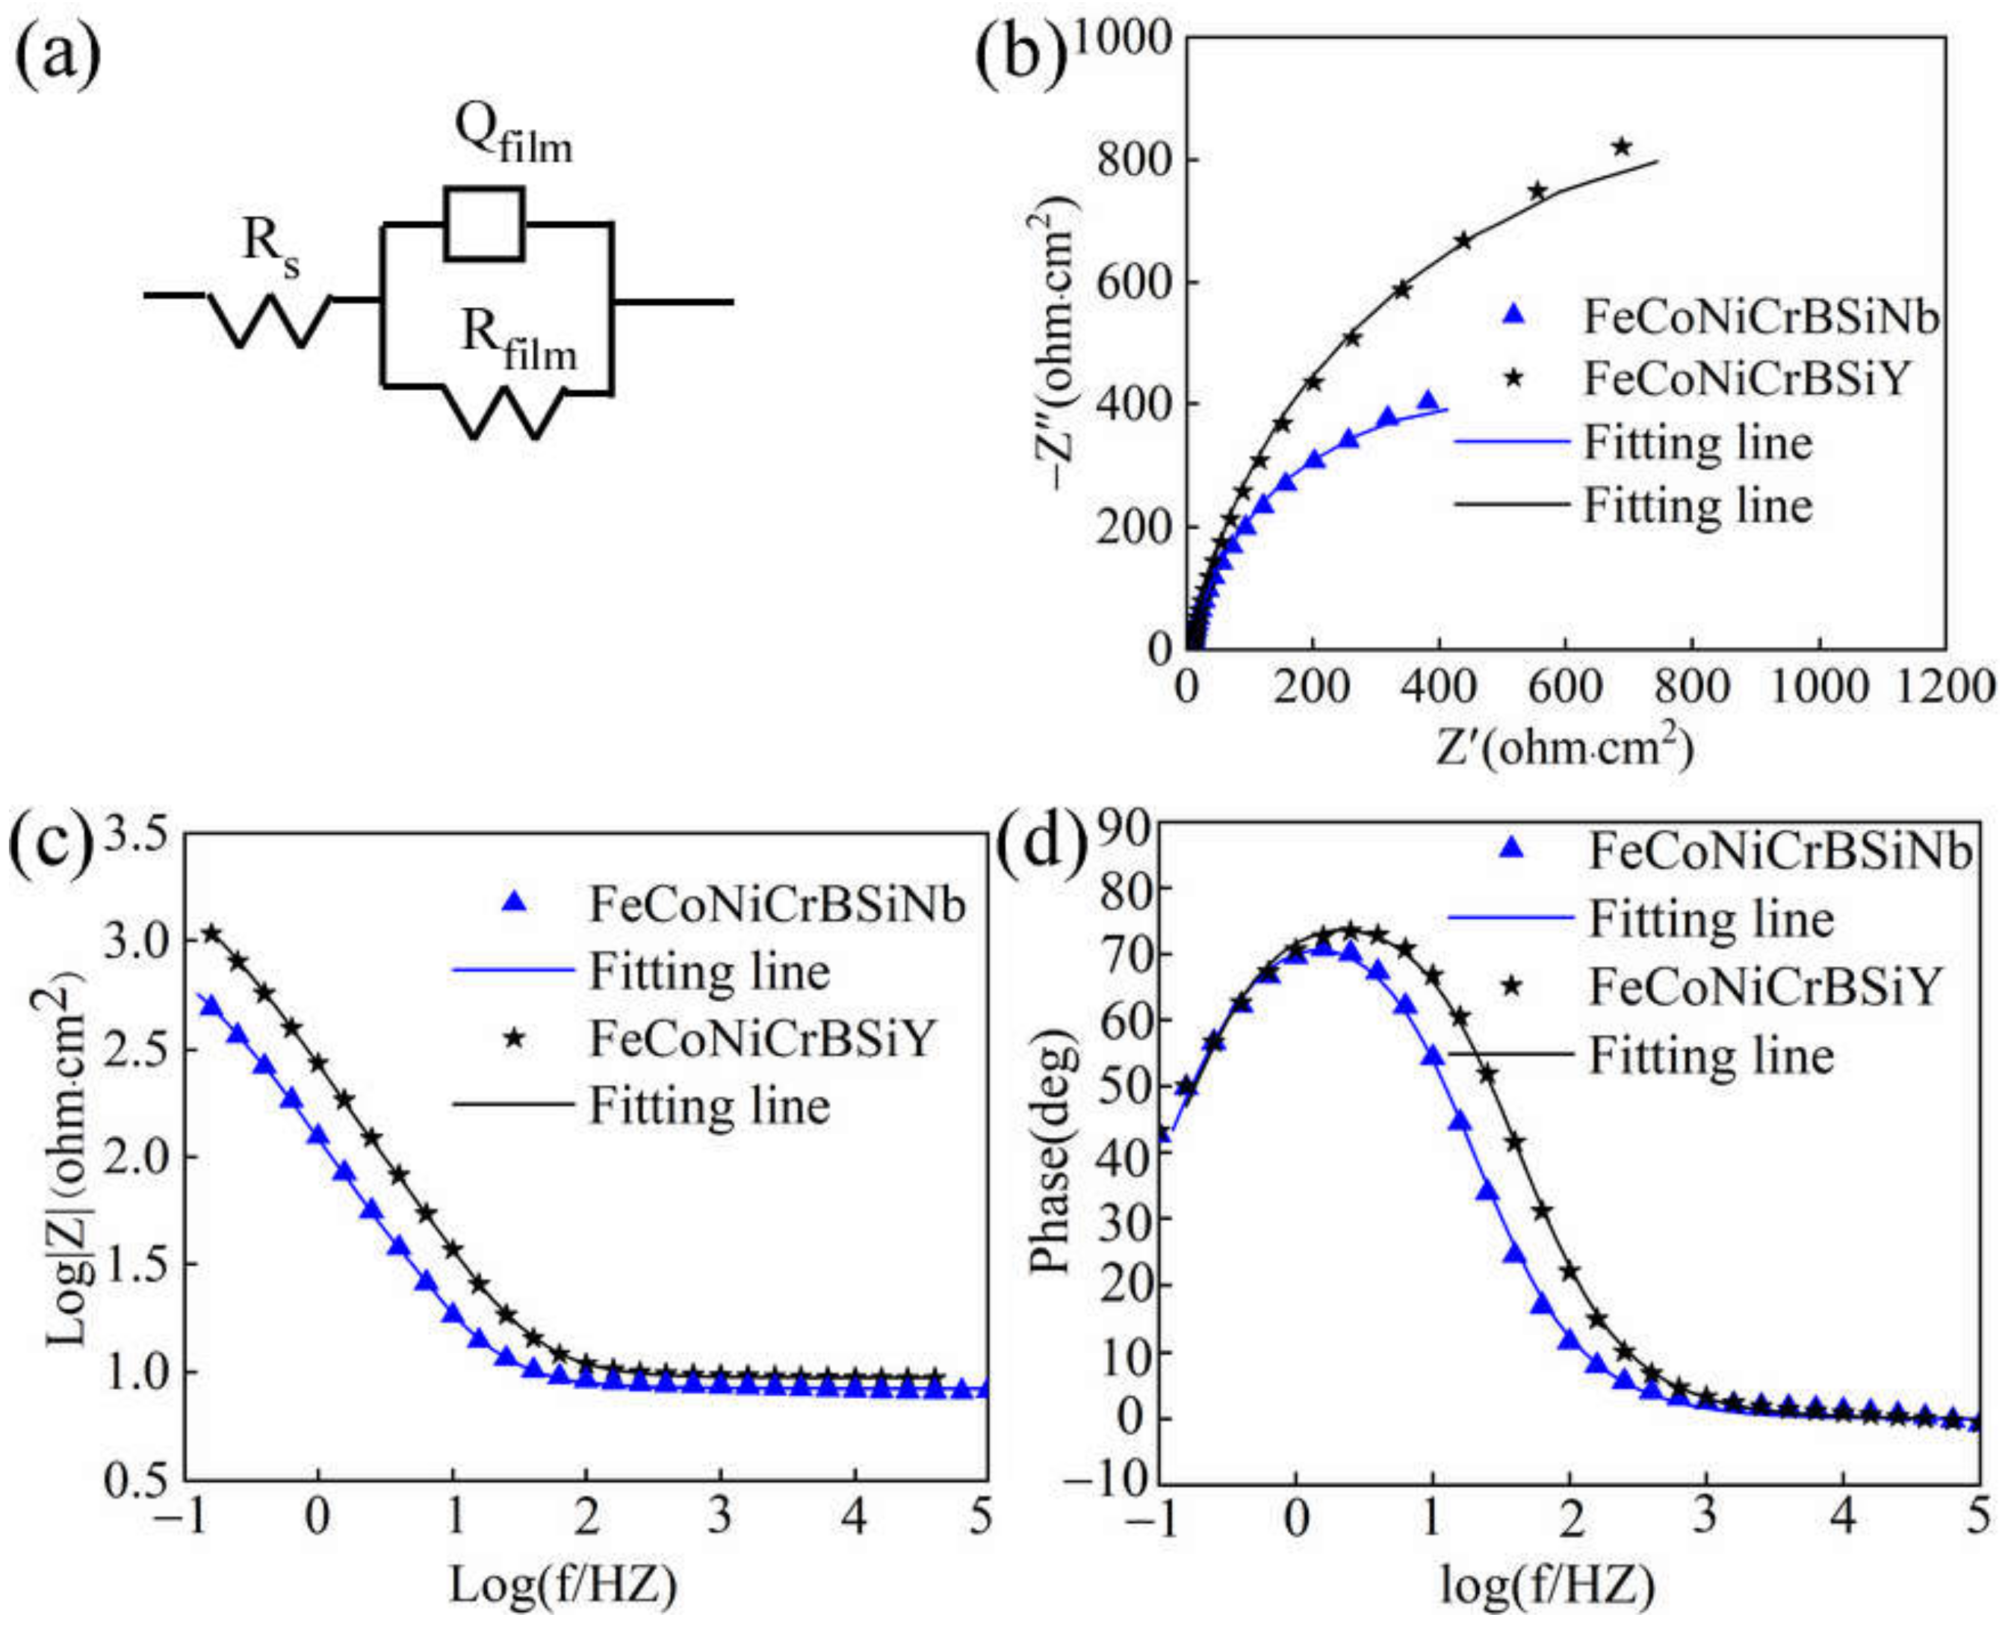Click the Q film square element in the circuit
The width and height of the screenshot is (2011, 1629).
point(484,223)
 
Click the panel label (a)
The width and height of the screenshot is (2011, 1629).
point(58,54)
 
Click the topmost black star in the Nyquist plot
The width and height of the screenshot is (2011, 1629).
point(1622,147)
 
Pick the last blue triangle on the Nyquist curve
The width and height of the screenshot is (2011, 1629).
point(1428,401)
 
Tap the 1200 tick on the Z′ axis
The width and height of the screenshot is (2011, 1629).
point(1944,687)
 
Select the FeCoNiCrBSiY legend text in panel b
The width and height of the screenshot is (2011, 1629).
point(1747,379)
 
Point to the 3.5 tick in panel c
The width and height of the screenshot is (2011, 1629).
point(140,833)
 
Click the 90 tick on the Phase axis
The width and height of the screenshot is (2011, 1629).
point(1127,826)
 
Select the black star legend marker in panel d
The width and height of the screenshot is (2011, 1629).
point(1511,986)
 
